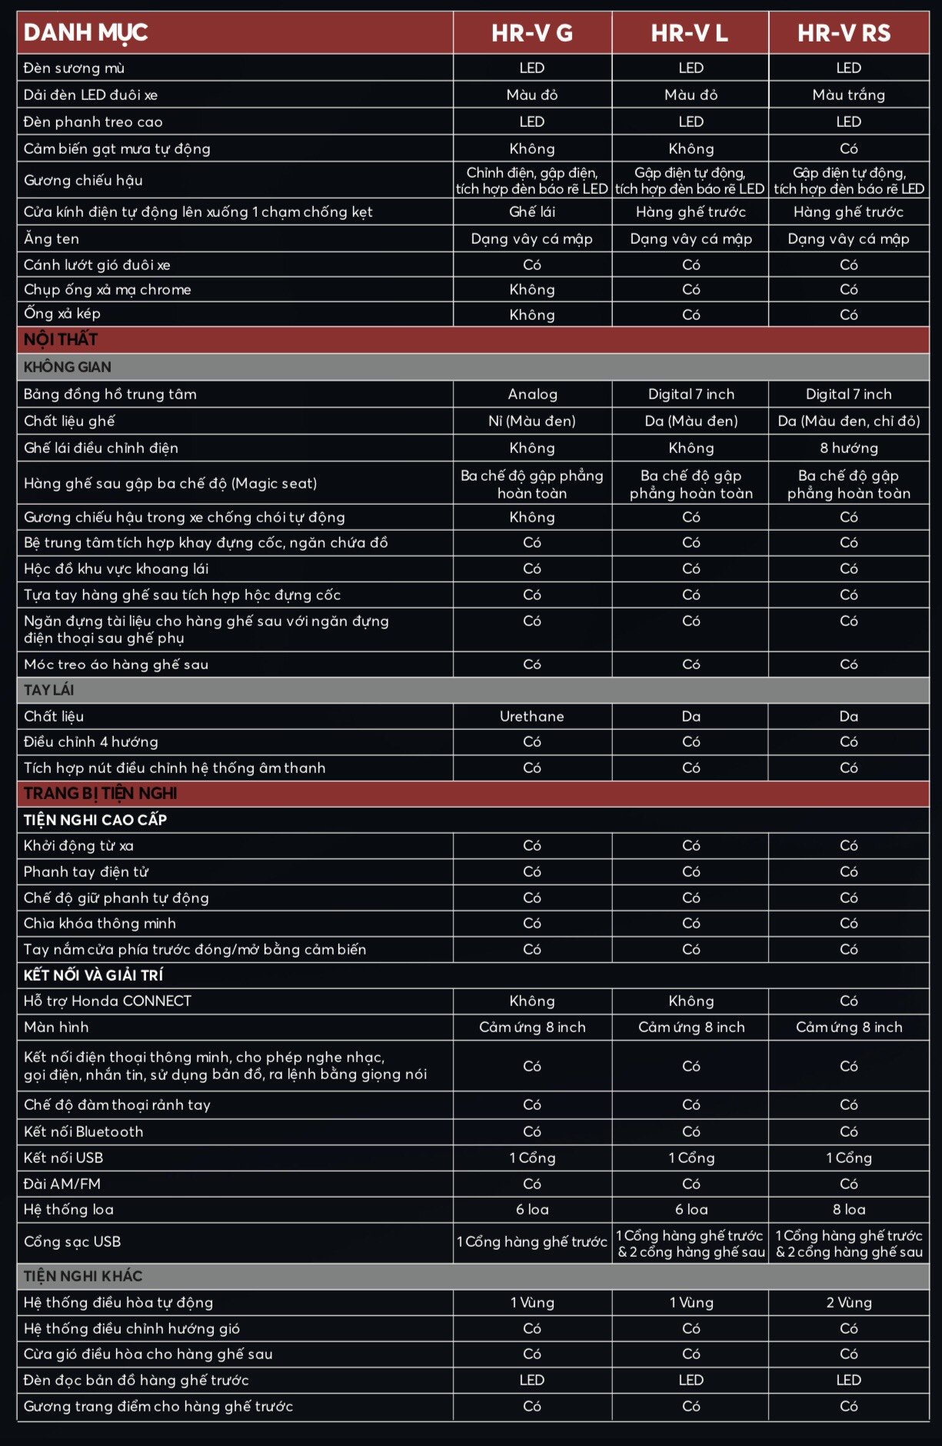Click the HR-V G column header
[x=532, y=33]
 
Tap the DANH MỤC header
[x=85, y=33]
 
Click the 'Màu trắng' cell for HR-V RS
[x=848, y=95]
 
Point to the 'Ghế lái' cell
[x=532, y=212]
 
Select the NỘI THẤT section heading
[x=61, y=339]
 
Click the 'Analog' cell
[x=532, y=394]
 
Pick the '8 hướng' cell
[x=848, y=448]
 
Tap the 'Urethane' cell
[x=532, y=716]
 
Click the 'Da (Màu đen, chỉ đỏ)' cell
[x=848, y=421]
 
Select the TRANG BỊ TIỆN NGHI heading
[x=100, y=793]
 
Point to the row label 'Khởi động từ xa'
[x=78, y=845]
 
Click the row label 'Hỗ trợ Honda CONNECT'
[x=108, y=1001]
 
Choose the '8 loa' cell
[x=848, y=1209]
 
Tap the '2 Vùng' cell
[x=848, y=1302]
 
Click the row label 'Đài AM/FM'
[x=62, y=1184]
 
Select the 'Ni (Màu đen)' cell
[x=532, y=421]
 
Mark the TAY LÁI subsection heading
[x=49, y=690]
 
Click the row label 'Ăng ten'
[x=52, y=238]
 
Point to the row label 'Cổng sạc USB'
[x=72, y=1241]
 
